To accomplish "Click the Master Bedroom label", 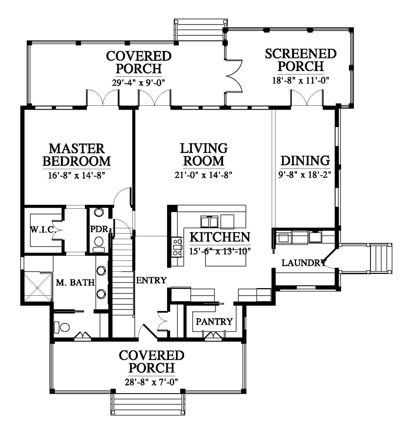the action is (x=77, y=155).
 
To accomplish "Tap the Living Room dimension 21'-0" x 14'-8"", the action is (x=203, y=175).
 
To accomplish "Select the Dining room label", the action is (x=305, y=161).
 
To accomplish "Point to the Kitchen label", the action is (x=220, y=237).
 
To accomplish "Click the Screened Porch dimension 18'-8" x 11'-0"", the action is (x=301, y=81).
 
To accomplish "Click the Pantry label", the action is (x=214, y=322).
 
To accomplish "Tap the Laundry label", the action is (x=304, y=263).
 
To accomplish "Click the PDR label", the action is (x=99, y=229).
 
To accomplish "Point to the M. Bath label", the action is (x=75, y=283).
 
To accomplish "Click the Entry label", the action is (x=151, y=280).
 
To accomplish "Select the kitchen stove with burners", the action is (x=177, y=247).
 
